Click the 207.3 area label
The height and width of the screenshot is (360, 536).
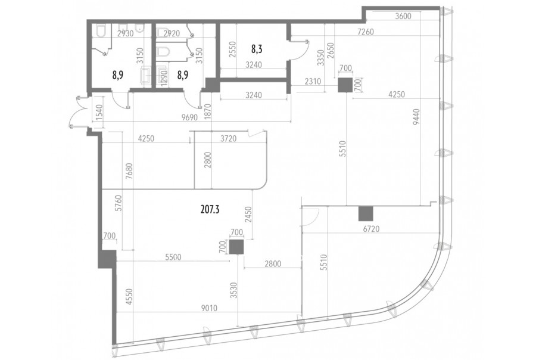point(210,209)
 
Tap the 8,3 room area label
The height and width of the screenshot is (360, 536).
point(257,49)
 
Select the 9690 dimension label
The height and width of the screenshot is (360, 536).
point(190,117)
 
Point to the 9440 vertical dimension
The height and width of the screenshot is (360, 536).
point(416,117)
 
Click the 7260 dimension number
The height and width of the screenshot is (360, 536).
point(366,32)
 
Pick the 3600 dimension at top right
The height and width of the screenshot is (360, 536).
point(403,16)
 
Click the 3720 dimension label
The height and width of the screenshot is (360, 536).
point(228,139)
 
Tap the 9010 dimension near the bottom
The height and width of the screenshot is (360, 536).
point(209,308)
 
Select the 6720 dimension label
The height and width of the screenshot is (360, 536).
point(371,229)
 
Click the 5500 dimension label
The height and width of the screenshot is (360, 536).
point(173,257)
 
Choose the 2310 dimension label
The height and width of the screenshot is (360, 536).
point(313,82)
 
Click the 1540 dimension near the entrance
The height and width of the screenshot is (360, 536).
point(99,112)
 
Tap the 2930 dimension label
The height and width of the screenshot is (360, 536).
point(126,33)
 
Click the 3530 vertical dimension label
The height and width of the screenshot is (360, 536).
point(234,290)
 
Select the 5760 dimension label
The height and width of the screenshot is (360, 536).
point(118,204)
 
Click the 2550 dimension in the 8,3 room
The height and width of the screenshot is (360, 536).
point(232,50)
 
